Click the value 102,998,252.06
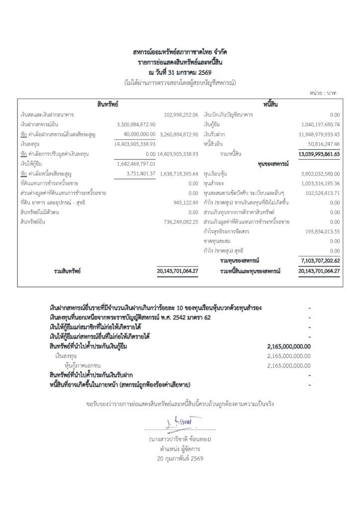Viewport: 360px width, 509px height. [x=181, y=115]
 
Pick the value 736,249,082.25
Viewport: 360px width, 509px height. [x=181, y=222]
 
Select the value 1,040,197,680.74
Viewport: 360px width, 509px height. [x=320, y=124]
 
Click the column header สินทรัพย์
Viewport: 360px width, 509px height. [x=107, y=104]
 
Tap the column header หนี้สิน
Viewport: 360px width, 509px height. [x=269, y=104]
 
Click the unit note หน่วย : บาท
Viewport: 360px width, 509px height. [x=324, y=92]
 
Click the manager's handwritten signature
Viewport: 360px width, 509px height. [x=180, y=423]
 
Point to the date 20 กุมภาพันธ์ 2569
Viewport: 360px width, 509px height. [x=180, y=458]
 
